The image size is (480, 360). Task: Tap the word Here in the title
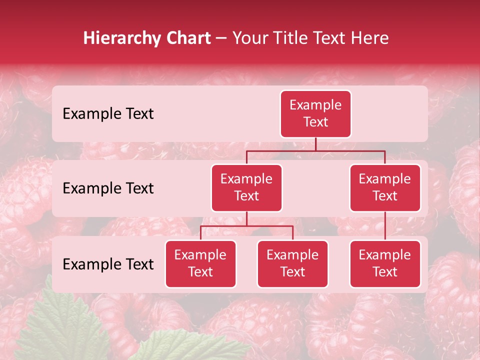coord(369,38)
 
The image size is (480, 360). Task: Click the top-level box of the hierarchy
coord(315,114)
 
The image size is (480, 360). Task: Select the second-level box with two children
coord(246,188)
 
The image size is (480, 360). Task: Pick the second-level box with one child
coord(385,188)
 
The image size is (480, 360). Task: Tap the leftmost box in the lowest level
coord(200,264)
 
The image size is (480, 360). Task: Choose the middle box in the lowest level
coord(292,264)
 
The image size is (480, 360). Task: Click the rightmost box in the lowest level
coord(385,264)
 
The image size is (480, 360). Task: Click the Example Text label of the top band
coord(108,114)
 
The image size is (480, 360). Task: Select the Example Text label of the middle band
coord(108,188)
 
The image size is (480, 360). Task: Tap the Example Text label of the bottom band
coord(108,264)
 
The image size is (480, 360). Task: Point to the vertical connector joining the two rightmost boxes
coord(385,226)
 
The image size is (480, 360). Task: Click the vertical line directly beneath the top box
coord(315,144)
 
